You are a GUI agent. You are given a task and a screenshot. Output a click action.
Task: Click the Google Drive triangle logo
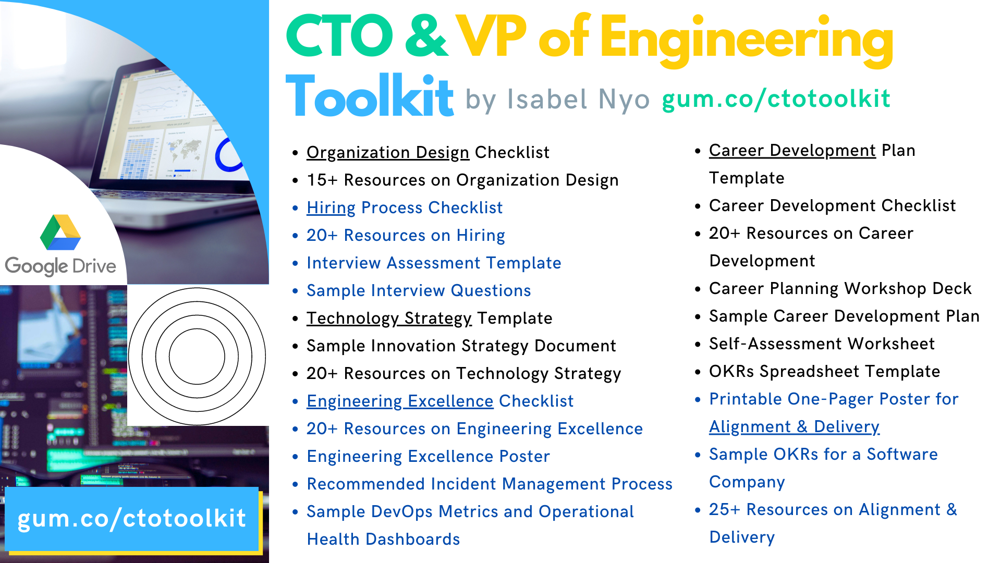(x=60, y=232)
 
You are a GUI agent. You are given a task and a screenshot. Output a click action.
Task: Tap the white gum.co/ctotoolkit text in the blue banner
(x=131, y=519)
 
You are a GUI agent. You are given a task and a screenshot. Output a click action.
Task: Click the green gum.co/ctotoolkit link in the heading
(x=776, y=99)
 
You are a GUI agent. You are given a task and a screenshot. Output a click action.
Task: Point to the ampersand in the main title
(x=426, y=36)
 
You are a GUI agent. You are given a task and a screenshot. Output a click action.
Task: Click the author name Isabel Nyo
(x=578, y=99)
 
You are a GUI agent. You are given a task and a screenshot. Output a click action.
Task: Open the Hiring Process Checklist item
(x=405, y=207)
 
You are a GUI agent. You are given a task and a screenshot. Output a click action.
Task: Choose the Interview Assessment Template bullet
(x=434, y=263)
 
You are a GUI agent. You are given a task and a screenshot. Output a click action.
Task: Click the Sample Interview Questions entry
(x=419, y=290)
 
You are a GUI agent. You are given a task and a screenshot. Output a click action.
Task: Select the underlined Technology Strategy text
(x=389, y=318)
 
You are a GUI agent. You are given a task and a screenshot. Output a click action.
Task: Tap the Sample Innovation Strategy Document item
(x=461, y=346)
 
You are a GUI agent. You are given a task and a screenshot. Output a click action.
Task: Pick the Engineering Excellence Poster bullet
(x=429, y=456)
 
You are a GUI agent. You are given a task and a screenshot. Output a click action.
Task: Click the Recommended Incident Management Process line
(x=490, y=484)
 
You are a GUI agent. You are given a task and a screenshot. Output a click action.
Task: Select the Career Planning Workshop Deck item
(x=840, y=288)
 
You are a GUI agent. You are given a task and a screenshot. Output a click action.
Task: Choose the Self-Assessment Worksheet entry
(x=822, y=344)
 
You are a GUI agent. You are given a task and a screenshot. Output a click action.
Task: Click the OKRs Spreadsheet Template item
(x=824, y=371)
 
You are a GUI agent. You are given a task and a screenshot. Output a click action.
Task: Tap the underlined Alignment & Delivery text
(x=794, y=426)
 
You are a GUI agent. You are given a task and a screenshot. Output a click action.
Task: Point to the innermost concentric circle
(x=197, y=329)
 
